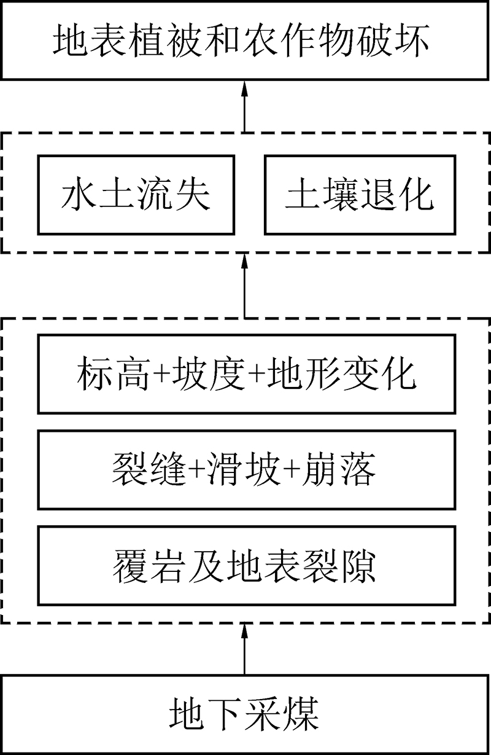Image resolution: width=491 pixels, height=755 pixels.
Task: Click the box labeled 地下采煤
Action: coord(245,714)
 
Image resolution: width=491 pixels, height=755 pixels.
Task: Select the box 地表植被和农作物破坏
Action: coord(245,40)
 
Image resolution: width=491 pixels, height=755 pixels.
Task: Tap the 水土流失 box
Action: coord(136,195)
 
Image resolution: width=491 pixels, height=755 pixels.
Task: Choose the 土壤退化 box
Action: coord(360,195)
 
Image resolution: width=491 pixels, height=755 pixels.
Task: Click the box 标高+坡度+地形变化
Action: coord(247,374)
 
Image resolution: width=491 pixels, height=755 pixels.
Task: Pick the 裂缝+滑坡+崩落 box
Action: coord(247,469)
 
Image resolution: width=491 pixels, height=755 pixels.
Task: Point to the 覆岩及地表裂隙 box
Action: coord(247,565)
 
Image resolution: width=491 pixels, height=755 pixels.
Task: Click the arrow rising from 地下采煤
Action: coord(245,648)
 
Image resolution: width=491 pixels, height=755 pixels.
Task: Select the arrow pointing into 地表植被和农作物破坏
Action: coord(245,106)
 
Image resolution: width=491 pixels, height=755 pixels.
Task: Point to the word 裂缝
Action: coord(149,469)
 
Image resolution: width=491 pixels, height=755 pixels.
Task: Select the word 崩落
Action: coord(338,469)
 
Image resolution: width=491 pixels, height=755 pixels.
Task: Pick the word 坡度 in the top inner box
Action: coord(209,374)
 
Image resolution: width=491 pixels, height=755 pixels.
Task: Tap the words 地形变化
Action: coord(342,374)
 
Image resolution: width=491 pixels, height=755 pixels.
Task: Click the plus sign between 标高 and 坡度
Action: coord(161,374)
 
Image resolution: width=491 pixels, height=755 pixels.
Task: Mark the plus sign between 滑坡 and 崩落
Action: coord(291,470)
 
